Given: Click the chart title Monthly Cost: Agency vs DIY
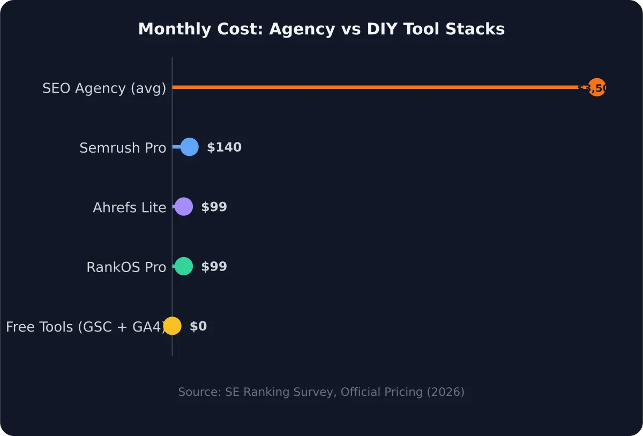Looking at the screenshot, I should point(321,29).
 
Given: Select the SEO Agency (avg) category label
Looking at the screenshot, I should point(104,88).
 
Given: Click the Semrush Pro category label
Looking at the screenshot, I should point(123,148).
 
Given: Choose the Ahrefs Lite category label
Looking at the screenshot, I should point(129,207).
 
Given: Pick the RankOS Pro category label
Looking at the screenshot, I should point(126,267).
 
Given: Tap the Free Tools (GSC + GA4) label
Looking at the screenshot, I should point(85,327).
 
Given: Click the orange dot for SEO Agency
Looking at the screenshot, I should point(596,87).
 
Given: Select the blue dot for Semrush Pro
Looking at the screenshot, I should point(189,147).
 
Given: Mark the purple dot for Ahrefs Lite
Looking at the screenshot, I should point(184,207).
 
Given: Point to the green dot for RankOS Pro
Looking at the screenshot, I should point(184,266).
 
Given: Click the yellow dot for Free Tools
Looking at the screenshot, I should point(172,326).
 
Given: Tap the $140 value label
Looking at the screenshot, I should point(224,147).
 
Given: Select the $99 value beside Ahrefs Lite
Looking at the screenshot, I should point(214,207).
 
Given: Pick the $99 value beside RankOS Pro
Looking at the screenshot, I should point(214,267).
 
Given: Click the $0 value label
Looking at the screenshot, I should point(198,326).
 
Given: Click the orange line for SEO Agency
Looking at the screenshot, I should point(375,87).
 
